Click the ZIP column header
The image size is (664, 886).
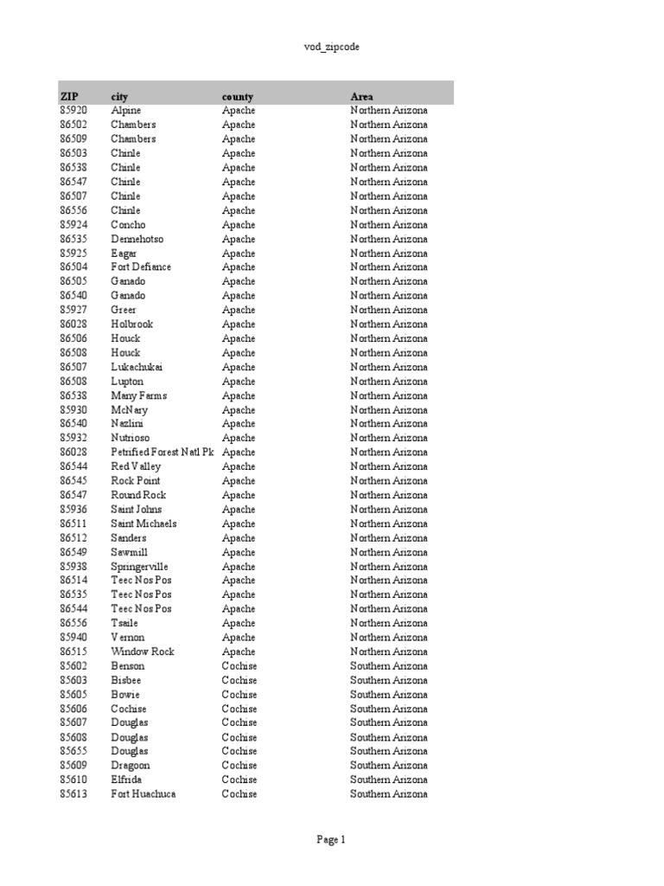click(x=69, y=97)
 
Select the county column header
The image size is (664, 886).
click(x=238, y=97)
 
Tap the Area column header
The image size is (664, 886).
click(x=362, y=97)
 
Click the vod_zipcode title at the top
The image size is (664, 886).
click(x=331, y=48)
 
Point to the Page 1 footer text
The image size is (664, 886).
click(x=331, y=839)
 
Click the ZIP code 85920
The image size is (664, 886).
click(x=73, y=111)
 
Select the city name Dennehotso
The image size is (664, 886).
click(x=137, y=239)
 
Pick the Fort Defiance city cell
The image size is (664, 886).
click(x=141, y=267)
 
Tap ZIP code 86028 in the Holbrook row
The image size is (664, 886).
click(x=73, y=324)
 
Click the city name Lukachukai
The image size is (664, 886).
click(x=137, y=367)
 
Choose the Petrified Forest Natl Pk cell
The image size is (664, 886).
click(x=163, y=453)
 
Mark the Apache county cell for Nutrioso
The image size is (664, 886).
click(x=239, y=438)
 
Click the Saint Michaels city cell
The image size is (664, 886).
click(x=144, y=523)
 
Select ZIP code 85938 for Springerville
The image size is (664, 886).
click(x=73, y=567)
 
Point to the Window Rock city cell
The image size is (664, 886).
click(x=143, y=652)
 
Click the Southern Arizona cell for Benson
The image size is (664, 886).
click(x=388, y=666)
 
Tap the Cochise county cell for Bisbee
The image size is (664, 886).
click(x=239, y=680)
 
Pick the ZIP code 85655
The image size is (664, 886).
click(x=73, y=751)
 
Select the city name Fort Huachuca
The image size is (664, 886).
click(x=144, y=794)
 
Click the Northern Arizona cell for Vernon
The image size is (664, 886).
click(x=388, y=638)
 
